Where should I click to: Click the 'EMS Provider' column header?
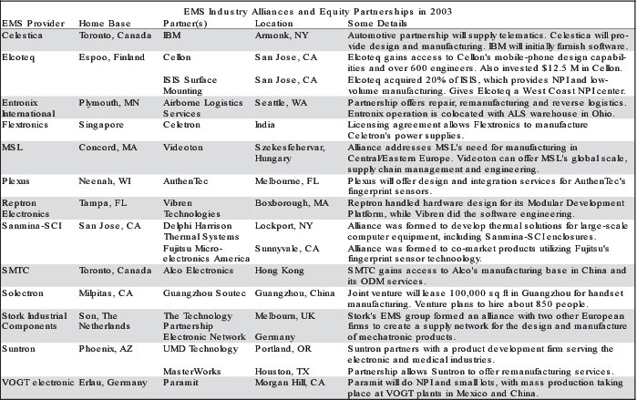(33, 20)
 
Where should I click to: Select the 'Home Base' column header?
(103, 20)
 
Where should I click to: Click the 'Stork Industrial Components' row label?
(39, 348)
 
